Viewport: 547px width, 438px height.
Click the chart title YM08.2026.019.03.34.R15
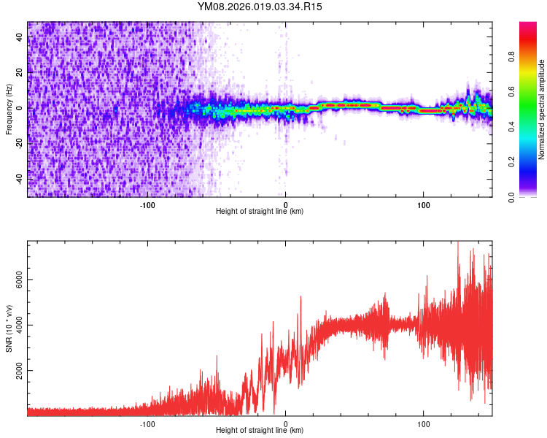point(260,7)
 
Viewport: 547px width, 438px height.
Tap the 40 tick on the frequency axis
point(20,37)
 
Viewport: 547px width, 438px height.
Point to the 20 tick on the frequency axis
point(20,73)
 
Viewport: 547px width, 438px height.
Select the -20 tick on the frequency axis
point(20,144)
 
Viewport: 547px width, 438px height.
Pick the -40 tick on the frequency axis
point(20,179)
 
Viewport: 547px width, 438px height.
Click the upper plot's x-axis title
point(260,212)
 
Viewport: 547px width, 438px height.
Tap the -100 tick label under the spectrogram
point(148,204)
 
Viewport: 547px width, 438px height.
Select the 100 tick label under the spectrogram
point(423,204)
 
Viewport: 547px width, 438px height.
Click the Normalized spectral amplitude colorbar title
point(542,109)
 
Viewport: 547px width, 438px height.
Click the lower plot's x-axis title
point(260,430)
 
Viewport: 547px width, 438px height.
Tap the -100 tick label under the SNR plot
point(148,423)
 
